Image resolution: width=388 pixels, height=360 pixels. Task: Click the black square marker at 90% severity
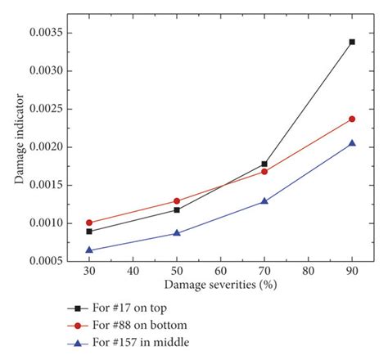(352, 42)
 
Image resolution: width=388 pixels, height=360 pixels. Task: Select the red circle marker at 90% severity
(352, 119)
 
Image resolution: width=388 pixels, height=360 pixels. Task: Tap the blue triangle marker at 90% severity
(352, 143)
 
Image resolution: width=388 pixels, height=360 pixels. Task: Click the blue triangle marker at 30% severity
(89, 250)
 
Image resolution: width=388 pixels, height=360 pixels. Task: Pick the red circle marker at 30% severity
(89, 223)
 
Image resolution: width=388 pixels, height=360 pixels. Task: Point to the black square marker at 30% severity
(89, 232)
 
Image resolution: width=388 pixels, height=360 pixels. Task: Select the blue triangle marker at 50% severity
(177, 233)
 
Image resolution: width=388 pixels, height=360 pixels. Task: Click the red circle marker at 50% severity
(177, 200)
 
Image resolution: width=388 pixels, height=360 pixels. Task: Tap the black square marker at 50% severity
(177, 210)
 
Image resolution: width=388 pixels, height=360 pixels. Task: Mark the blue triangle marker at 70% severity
(264, 200)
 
